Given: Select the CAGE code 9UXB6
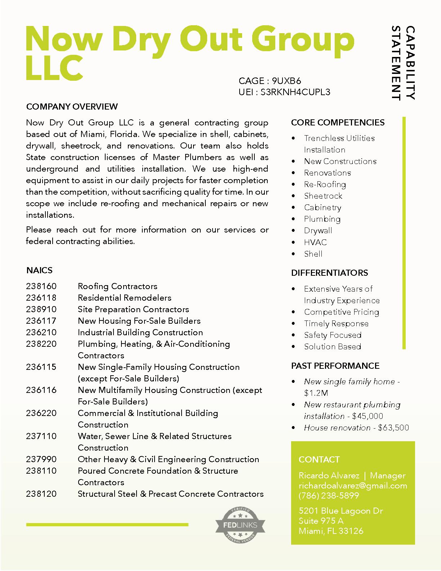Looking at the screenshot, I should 286,81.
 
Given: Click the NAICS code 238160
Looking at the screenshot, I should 41,286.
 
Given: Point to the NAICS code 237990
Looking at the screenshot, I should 41,459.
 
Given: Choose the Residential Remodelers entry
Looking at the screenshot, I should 124,298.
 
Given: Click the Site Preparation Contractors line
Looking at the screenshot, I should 133,309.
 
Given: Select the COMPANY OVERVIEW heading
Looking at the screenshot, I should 72,107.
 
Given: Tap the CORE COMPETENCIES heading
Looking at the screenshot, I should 338,123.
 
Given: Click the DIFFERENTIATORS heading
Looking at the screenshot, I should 329,273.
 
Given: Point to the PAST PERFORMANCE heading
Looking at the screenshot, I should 335,366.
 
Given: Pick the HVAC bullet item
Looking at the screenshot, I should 315,242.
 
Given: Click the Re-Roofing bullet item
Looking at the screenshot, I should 325,185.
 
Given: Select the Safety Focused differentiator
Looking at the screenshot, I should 333,335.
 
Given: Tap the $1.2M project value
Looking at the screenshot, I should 316,393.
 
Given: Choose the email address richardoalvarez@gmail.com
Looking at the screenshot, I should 353,486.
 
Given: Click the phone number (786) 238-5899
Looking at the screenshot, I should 329,496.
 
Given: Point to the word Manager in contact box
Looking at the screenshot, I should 388,476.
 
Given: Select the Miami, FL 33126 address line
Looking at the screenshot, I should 331,531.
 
